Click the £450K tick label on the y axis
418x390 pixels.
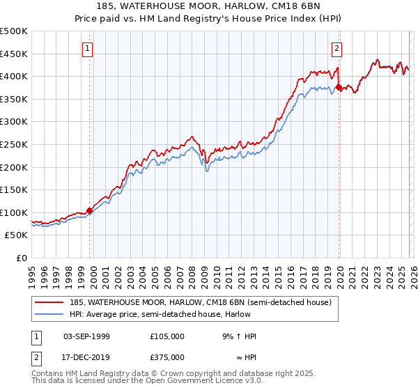click(14, 54)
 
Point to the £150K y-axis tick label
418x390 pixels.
click(14, 189)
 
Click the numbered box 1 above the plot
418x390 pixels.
click(87, 48)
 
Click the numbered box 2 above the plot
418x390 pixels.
click(336, 48)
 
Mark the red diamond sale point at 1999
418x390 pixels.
click(89, 210)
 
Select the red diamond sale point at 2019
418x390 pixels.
click(339, 88)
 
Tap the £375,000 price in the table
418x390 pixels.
click(167, 357)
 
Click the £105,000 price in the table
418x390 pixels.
click(167, 336)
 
